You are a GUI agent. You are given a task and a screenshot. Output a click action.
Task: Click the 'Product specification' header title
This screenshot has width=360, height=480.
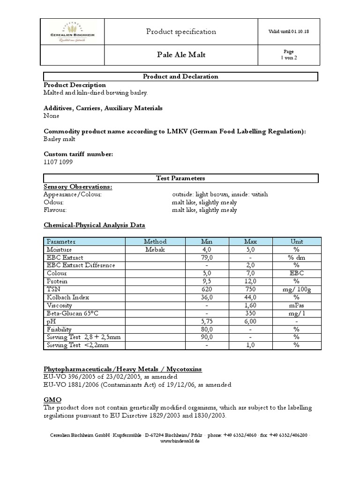(181, 32)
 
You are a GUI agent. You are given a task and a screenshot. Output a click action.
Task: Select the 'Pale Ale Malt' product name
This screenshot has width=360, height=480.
(181, 55)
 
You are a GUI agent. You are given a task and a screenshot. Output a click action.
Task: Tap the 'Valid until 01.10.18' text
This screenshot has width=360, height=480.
(288, 31)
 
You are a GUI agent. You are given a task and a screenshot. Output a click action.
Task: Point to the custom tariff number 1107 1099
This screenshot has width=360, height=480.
(58, 162)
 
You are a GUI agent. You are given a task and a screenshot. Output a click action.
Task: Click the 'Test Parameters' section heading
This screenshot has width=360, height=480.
(180, 178)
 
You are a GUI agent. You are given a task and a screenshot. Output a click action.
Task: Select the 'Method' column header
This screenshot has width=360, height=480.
(155, 241)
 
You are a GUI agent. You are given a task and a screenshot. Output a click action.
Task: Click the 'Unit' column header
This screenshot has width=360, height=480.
(296, 241)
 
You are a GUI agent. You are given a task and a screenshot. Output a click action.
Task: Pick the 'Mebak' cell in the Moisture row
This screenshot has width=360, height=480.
(155, 249)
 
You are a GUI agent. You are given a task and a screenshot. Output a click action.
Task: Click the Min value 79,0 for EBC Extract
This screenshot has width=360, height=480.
(207, 257)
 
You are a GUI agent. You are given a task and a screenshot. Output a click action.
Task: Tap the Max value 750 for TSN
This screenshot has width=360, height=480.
(250, 289)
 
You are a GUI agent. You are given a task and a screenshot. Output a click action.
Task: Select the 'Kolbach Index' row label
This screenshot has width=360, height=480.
(67, 297)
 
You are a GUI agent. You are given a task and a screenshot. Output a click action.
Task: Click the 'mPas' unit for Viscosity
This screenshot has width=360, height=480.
(296, 305)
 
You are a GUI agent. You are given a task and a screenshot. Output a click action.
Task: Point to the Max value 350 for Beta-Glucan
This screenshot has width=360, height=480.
(250, 313)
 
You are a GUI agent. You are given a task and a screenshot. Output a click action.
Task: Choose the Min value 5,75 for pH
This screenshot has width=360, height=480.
(207, 321)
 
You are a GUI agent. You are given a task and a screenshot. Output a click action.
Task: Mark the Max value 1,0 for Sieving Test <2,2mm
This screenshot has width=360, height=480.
(250, 345)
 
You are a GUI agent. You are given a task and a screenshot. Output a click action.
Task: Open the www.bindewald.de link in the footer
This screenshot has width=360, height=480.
(180, 441)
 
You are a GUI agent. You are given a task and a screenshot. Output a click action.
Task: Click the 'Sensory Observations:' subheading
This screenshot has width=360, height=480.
(77, 187)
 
